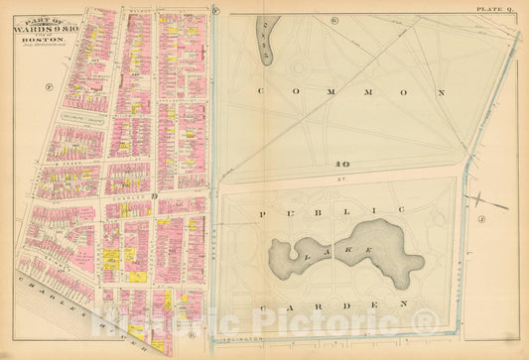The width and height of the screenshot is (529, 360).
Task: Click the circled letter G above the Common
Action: coord(335,20)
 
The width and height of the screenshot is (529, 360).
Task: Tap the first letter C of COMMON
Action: coord(260,90)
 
